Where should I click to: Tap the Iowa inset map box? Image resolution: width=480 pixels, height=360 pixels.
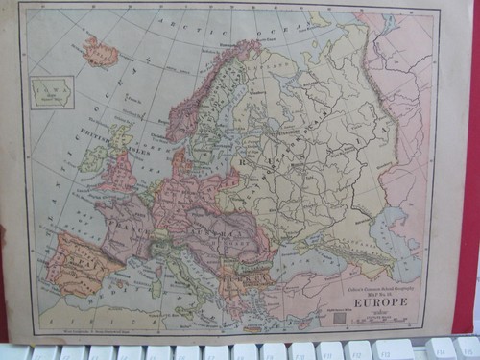pyautogui.click(x=52, y=92)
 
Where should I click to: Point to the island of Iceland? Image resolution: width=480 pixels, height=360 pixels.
pyautogui.click(x=100, y=52)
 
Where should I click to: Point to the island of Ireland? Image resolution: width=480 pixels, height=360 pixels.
pyautogui.click(x=94, y=158)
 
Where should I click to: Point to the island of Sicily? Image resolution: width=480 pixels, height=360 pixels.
pyautogui.click(x=197, y=305)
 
